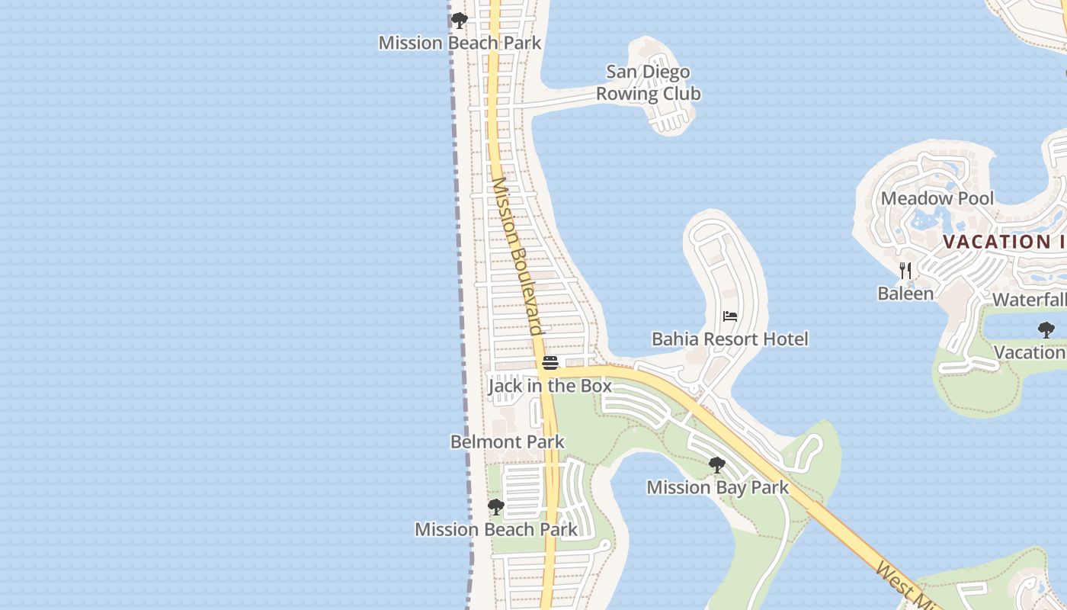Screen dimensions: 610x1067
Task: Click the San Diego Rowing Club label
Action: [648, 82]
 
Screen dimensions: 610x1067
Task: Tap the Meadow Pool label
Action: [937, 198]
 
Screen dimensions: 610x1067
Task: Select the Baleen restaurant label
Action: [905, 293]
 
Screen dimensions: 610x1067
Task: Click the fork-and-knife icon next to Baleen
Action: [905, 270]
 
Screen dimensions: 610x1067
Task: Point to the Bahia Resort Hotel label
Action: [729, 339]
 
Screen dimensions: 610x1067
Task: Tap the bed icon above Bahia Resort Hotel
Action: [730, 316]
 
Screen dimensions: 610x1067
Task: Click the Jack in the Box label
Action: [550, 386]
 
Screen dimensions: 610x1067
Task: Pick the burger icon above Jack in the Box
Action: [550, 363]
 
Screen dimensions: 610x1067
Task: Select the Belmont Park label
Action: [507, 441]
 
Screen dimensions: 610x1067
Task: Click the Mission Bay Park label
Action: [717, 487]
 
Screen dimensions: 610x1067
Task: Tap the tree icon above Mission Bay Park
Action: [716, 464]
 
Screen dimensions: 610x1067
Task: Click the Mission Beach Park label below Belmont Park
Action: [495, 529]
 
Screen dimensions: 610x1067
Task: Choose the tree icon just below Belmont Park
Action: [496, 506]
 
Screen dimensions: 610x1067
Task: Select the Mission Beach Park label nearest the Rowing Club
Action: [460, 43]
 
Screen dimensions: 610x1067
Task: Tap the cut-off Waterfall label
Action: [1029, 300]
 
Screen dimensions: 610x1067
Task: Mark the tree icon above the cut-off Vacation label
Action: [1046, 330]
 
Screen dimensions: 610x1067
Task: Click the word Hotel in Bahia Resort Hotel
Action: [784, 339]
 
